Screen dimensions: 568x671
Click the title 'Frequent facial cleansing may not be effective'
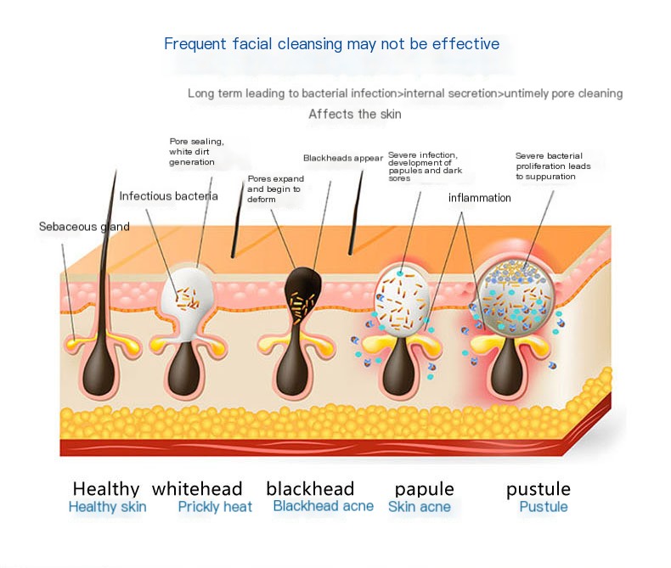pyautogui.click(x=331, y=43)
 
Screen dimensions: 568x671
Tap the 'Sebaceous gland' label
pyautogui.click(x=84, y=227)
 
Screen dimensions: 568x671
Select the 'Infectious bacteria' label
pyautogui.click(x=168, y=196)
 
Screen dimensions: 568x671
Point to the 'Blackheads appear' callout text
pyautogui.click(x=341, y=158)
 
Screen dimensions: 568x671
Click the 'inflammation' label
pyautogui.click(x=479, y=198)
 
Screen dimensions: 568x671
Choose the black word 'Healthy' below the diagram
pyautogui.click(x=106, y=489)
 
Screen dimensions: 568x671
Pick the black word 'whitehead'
pyautogui.click(x=197, y=489)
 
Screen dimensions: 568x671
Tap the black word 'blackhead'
pyautogui.click(x=310, y=489)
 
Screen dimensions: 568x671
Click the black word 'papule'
pyautogui.click(x=424, y=489)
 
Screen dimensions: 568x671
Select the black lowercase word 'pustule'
pyautogui.click(x=538, y=489)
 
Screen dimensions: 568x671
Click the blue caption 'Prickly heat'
pyautogui.click(x=215, y=507)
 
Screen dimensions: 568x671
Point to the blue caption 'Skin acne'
pyautogui.click(x=419, y=507)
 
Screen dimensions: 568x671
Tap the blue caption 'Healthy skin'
pyautogui.click(x=107, y=507)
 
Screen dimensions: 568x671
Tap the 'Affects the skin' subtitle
pyautogui.click(x=354, y=114)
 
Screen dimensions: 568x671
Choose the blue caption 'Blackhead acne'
pyautogui.click(x=323, y=506)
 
